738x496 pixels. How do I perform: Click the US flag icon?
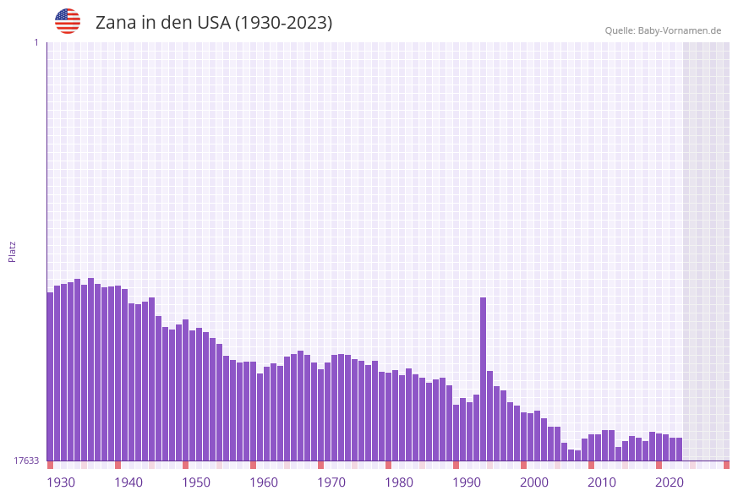point(68,21)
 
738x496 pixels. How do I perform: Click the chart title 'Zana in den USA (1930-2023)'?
point(214,23)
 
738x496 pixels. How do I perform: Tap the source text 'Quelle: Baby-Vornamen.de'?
point(663,30)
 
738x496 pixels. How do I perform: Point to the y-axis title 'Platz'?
point(13,251)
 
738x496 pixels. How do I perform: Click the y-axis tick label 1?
point(36,42)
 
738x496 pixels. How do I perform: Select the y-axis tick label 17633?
point(26,461)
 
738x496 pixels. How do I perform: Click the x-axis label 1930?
point(61,482)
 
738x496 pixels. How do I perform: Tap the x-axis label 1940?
point(128,482)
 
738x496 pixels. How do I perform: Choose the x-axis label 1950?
point(196,482)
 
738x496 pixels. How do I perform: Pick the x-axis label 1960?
point(264,482)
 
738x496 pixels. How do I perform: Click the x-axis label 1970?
point(331,482)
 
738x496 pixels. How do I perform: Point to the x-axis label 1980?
point(399,482)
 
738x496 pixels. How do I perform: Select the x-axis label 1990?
point(467,482)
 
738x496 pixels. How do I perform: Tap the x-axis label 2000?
point(534,482)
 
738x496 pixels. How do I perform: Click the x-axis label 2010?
point(602,482)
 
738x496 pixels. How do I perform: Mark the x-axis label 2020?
point(670,482)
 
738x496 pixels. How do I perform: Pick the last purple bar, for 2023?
point(679,449)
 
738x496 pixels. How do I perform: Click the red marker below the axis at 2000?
point(524,465)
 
